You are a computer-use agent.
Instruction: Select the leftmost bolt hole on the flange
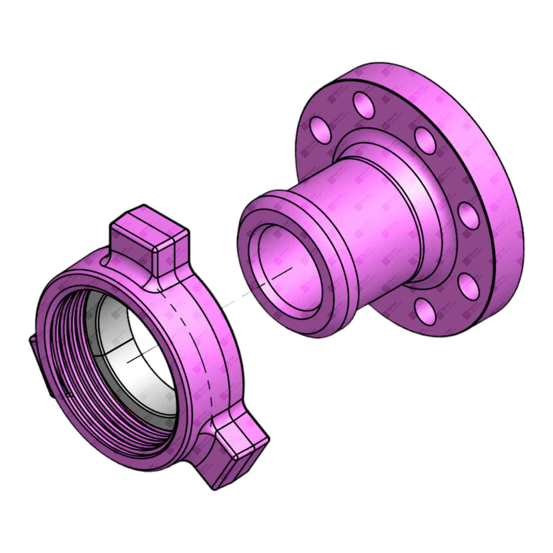[x=317, y=129]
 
